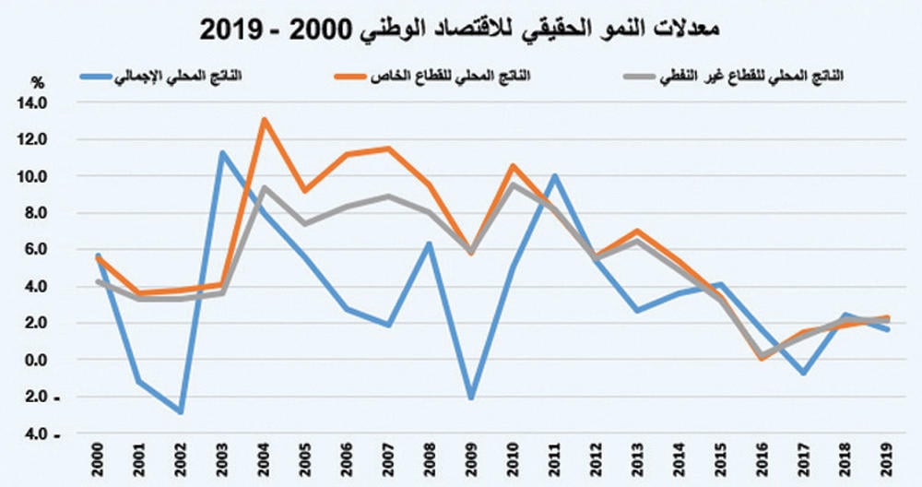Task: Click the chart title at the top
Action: coord(460,28)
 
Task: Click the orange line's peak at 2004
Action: coord(265,119)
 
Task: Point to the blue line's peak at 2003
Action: coord(222,152)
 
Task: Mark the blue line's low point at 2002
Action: coord(181,412)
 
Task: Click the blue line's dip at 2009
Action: coord(472,398)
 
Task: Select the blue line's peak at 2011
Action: coord(554,175)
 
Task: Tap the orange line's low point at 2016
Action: coord(761,359)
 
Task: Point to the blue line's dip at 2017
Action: coord(803,373)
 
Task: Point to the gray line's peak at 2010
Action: coord(513,184)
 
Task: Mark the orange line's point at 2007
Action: coord(389,148)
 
